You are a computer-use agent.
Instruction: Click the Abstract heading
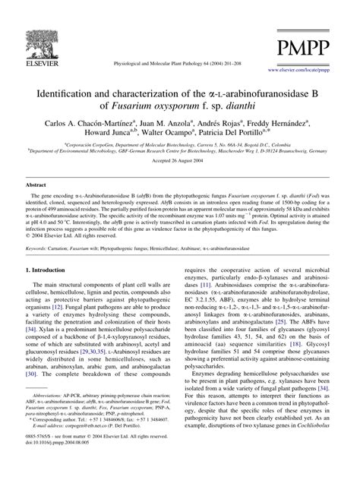pyautogui.click(x=38, y=206)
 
